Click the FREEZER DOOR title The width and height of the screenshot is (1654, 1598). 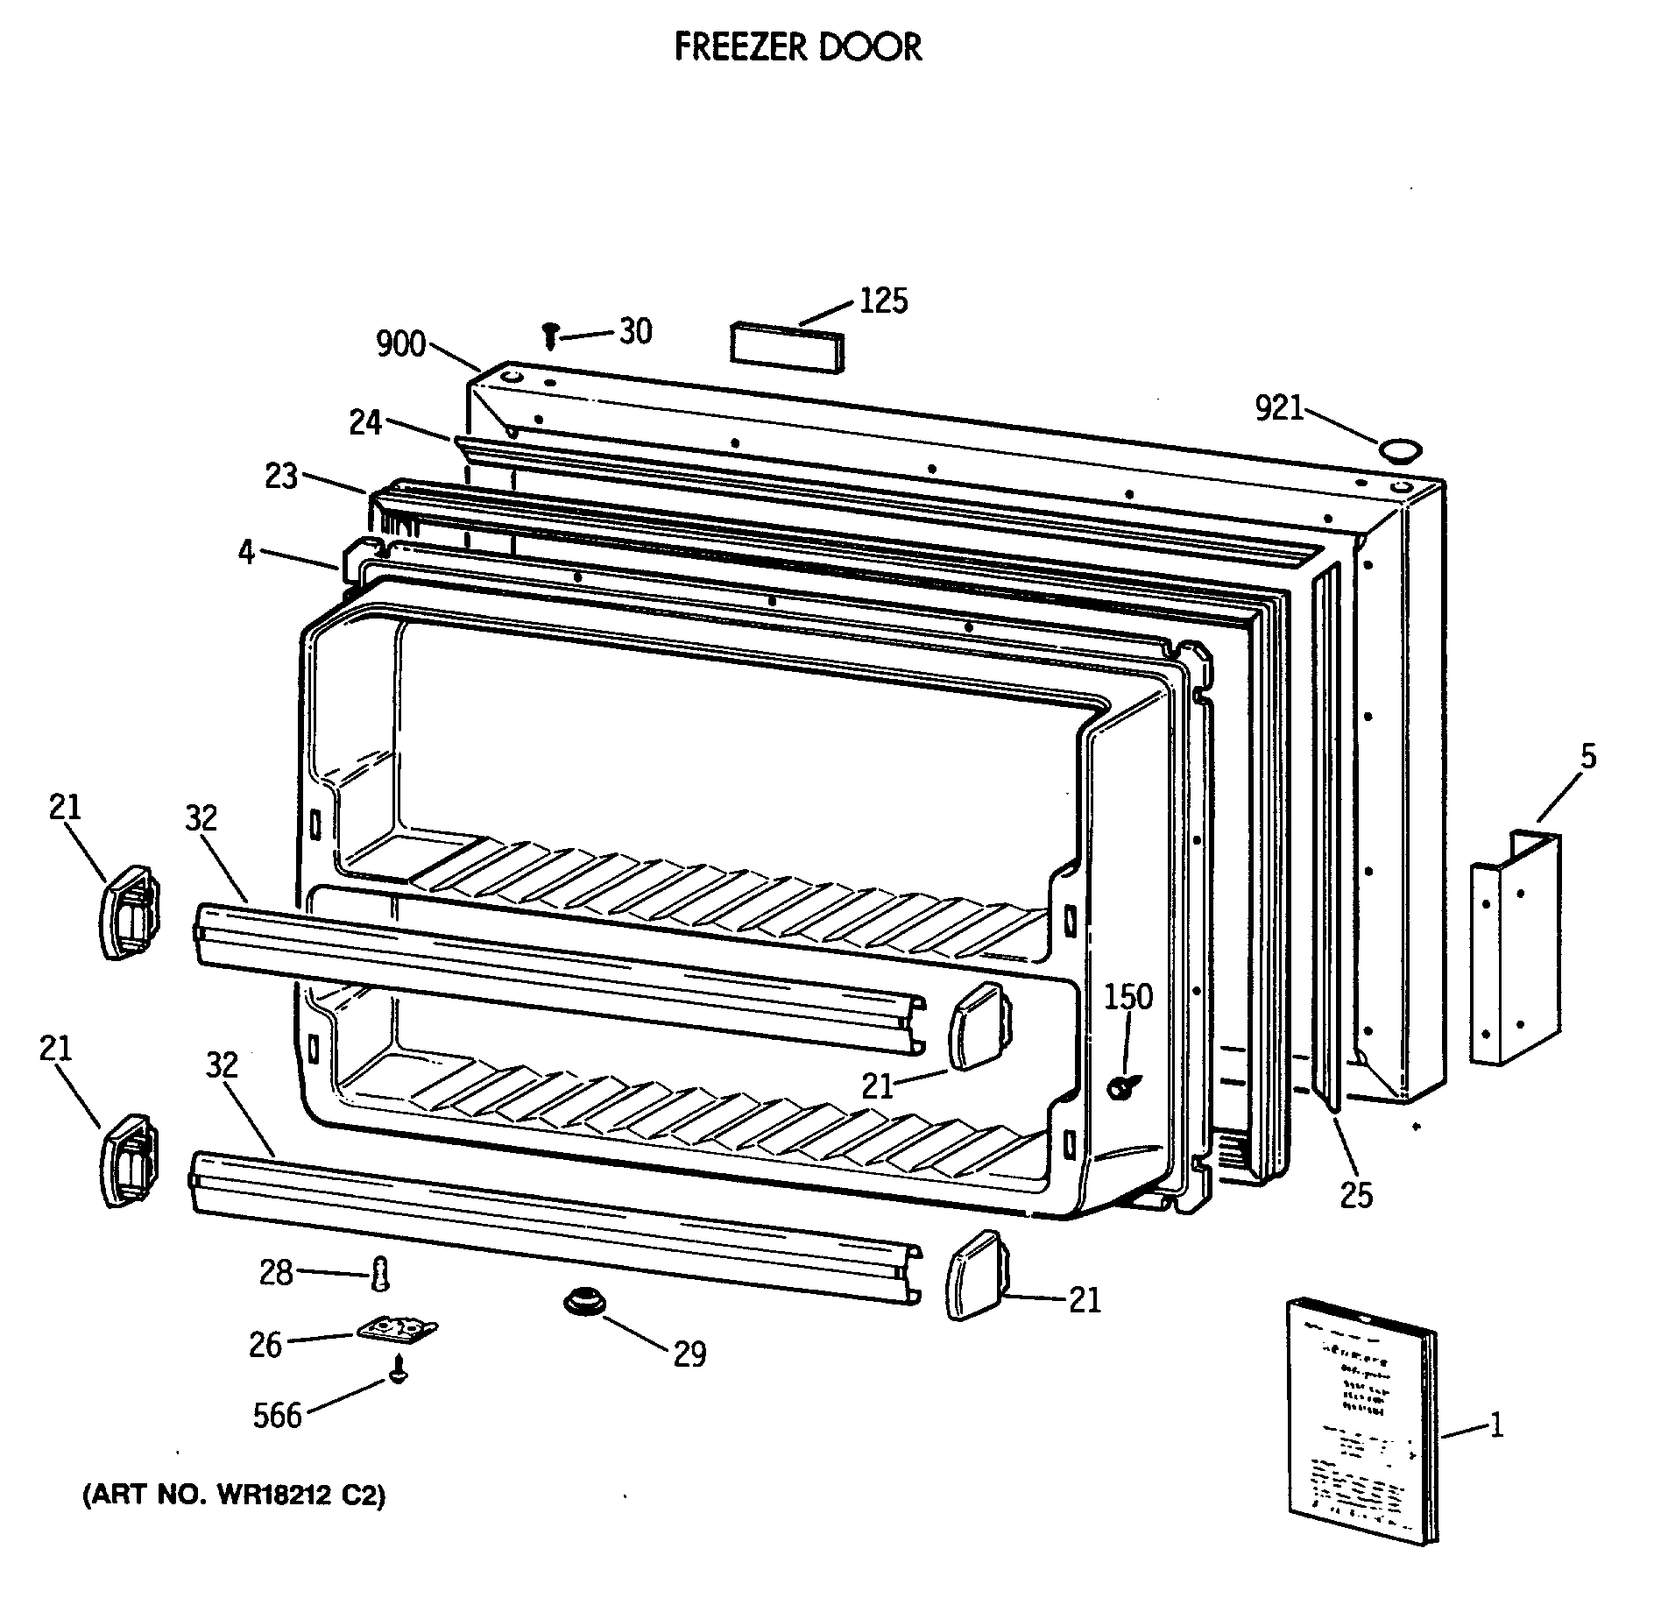tap(798, 47)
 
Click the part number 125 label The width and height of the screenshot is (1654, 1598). tap(883, 301)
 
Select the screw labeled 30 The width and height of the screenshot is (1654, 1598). tap(550, 334)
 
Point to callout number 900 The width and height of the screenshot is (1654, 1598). tap(400, 344)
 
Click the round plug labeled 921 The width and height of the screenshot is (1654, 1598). tap(1399, 451)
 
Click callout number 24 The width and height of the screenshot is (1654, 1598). tap(366, 422)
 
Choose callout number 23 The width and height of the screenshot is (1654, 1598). tap(281, 477)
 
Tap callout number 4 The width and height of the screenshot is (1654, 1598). tap(247, 553)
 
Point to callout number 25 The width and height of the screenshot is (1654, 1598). tap(1356, 1195)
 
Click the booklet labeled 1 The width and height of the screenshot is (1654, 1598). tap(1362, 1419)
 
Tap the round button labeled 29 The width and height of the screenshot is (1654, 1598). tap(583, 1300)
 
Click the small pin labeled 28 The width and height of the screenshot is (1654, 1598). tap(380, 1272)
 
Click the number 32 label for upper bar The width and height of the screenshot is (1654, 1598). tap(201, 818)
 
